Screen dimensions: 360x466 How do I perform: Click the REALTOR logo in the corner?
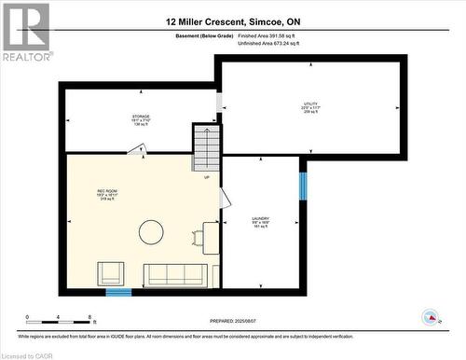26,32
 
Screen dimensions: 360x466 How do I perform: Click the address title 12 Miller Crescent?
233,21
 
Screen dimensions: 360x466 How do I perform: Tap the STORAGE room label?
141,119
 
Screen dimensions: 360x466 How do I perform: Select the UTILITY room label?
310,107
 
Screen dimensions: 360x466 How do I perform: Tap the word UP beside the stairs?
206,177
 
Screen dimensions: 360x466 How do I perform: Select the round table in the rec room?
152,231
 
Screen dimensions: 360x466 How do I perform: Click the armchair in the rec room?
111,273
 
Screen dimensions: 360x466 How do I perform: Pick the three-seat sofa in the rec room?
174,274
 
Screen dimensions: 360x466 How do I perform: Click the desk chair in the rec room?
198,239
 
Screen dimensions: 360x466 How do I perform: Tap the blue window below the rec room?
118,292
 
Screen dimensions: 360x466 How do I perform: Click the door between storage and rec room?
137,149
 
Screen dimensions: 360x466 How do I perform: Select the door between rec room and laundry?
224,197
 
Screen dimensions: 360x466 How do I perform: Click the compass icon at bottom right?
430,316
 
